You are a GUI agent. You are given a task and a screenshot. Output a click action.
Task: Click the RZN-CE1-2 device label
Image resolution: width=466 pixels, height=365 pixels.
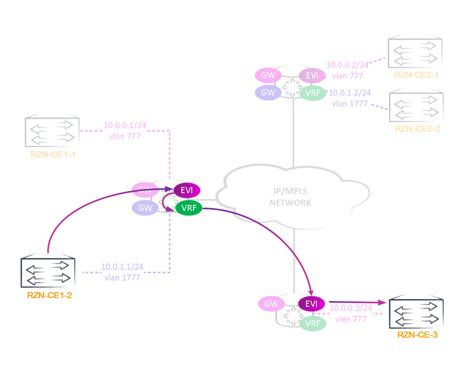click(49, 295)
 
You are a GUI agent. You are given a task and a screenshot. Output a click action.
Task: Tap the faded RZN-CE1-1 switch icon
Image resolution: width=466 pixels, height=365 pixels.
click(52, 132)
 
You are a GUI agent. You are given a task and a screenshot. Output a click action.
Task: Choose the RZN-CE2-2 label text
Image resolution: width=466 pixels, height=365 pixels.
click(417, 129)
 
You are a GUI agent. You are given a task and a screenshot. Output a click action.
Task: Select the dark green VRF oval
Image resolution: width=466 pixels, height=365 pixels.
click(189, 208)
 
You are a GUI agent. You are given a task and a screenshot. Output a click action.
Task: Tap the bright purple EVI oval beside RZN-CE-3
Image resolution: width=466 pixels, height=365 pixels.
click(311, 304)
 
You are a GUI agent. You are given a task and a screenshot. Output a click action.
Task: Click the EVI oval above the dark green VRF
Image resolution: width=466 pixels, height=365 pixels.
click(187, 190)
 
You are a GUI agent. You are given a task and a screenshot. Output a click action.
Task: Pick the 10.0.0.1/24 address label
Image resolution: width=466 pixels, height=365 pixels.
click(125, 125)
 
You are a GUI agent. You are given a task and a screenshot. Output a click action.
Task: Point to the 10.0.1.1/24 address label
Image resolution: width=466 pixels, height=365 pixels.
click(122, 266)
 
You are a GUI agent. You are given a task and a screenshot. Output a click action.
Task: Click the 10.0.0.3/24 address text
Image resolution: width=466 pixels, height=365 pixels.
click(350, 308)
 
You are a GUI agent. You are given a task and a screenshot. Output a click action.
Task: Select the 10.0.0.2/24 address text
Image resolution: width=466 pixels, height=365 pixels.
click(347, 65)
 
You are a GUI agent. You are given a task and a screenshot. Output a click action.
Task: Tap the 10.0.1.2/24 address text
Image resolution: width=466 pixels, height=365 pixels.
click(350, 93)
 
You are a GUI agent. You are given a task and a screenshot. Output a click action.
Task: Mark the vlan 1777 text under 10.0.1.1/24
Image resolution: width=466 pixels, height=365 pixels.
click(122, 277)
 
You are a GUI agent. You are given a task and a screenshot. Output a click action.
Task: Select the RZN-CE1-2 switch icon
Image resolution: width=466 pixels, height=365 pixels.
click(48, 272)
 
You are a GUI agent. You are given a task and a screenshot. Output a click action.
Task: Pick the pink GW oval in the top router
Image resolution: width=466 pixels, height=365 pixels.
click(268, 75)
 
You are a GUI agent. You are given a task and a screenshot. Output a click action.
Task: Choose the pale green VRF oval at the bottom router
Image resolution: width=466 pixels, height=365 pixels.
click(312, 323)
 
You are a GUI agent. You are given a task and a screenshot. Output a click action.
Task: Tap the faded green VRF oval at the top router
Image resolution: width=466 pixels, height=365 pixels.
click(313, 93)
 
